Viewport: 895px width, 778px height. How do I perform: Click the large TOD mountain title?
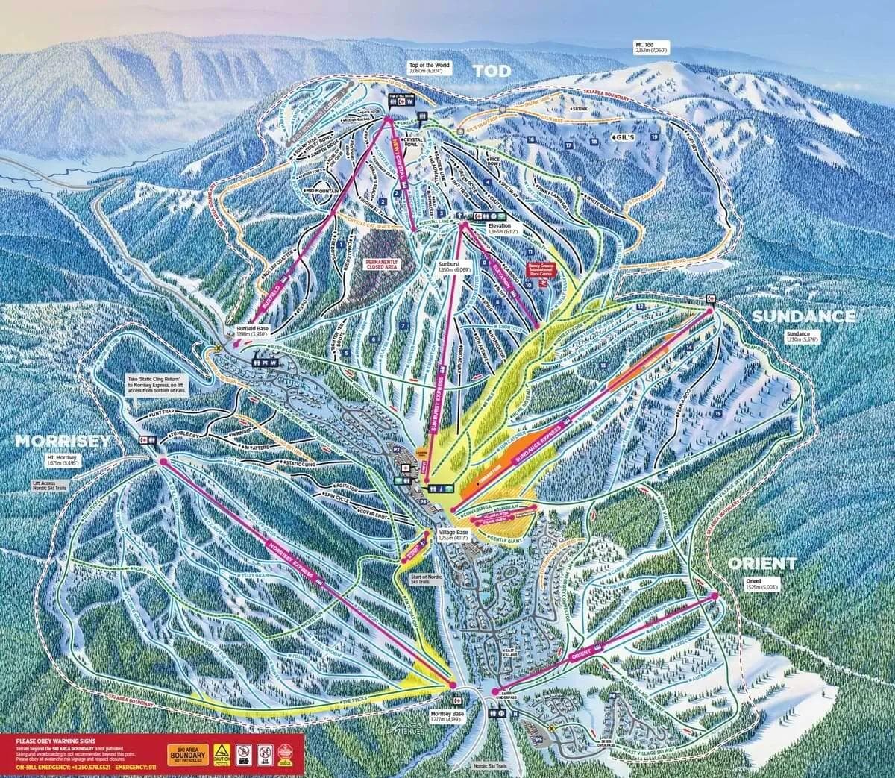(492, 71)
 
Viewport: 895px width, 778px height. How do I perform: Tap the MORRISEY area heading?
(63, 441)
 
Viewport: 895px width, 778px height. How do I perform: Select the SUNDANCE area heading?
(803, 316)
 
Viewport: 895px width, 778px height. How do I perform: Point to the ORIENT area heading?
(761, 563)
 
